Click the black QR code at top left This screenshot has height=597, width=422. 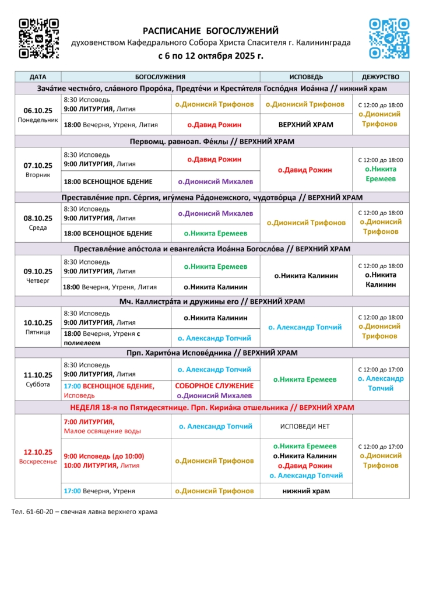[38, 38]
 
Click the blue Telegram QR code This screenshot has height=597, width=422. [389, 38]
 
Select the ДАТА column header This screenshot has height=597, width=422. [38, 76]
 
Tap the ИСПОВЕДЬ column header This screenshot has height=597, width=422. [306, 76]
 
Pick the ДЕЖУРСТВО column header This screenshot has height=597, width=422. [380, 76]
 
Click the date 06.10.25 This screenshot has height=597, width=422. [38, 110]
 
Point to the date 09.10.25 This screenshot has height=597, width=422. [38, 271]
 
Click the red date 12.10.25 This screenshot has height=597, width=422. [38, 452]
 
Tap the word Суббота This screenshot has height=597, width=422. [38, 384]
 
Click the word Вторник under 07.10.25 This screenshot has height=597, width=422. [38, 174]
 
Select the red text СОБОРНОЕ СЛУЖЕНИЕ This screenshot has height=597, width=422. [214, 386]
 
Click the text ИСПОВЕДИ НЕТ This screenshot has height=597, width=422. [306, 426]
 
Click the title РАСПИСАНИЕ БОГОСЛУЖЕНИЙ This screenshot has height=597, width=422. [211, 31]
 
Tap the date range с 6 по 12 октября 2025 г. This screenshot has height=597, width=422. [211, 57]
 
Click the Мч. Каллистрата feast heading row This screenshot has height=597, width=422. [212, 301]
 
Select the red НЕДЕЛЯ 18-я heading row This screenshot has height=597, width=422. [212, 407]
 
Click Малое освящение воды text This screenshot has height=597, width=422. [102, 431]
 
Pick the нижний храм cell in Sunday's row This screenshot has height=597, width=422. [306, 491]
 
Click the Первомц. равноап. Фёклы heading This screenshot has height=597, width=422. [212, 142]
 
